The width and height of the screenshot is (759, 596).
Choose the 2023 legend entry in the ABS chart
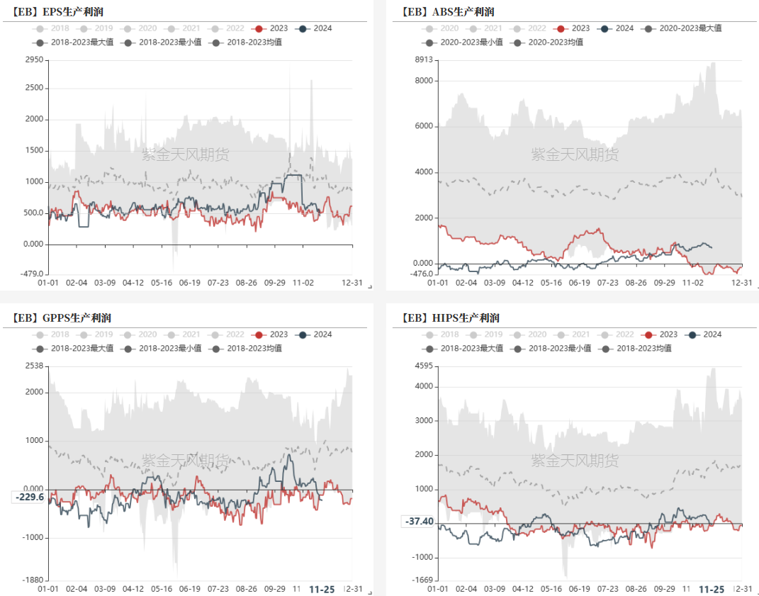(573, 28)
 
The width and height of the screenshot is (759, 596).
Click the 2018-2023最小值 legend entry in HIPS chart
(549, 348)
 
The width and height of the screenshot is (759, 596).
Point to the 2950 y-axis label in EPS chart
(34, 60)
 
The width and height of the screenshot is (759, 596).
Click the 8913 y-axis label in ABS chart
(423, 60)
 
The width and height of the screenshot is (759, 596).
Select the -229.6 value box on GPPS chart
(30, 497)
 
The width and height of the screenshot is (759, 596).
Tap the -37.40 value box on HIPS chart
(420, 522)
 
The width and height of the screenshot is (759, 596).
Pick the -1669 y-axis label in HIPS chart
(422, 580)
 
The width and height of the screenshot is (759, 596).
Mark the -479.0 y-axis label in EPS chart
(30, 274)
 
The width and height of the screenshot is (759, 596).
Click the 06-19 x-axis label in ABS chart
(579, 282)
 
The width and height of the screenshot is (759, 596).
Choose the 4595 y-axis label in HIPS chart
(423, 366)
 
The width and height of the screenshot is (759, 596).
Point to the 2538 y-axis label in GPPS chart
(34, 366)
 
